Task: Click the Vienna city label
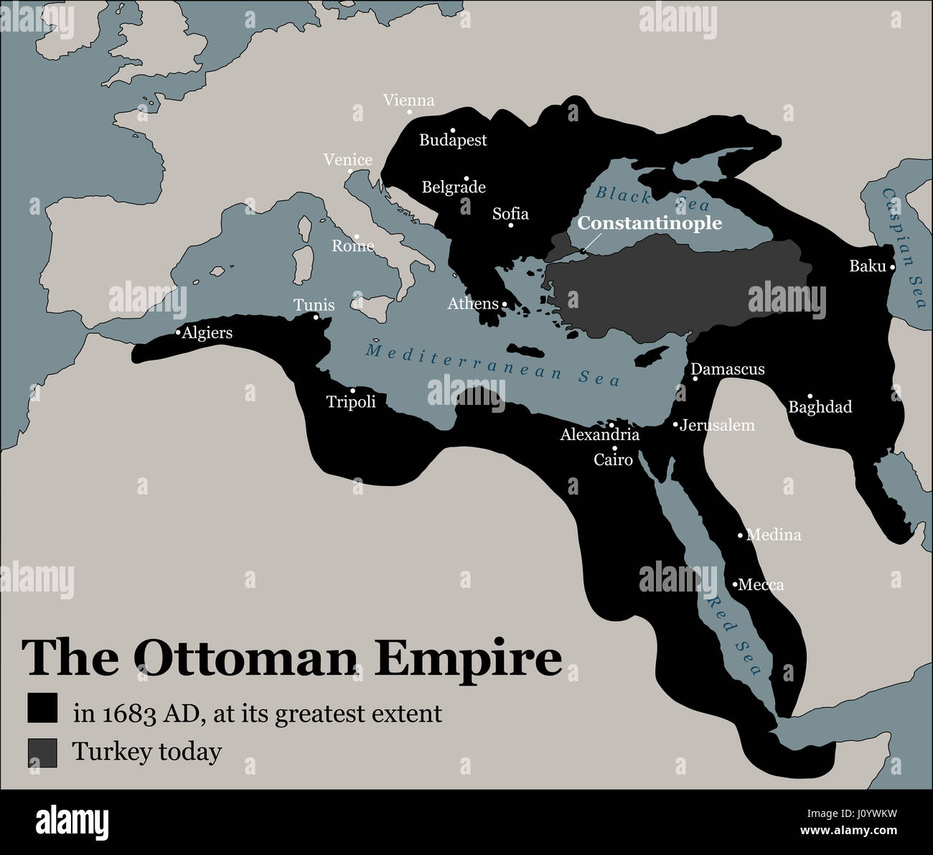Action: coord(408,101)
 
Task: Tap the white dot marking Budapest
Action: coord(452,130)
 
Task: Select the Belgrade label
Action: coord(454,187)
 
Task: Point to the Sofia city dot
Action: coord(511,225)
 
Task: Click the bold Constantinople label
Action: coord(650,223)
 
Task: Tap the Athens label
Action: coord(473,304)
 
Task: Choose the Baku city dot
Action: coord(892,267)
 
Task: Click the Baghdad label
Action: coord(820,407)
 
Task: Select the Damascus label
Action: coord(727,369)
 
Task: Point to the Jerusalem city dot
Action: coord(675,425)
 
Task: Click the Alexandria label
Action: coord(599,434)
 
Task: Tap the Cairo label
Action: coord(613,459)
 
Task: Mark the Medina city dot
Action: coord(741,535)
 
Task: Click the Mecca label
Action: coord(761,584)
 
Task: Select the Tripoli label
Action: coord(351,401)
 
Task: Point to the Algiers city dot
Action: coord(178,332)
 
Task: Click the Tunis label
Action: coord(314,305)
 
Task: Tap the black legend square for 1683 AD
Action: coord(42,709)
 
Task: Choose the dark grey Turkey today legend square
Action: coord(42,752)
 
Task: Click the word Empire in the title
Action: coord(469,658)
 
